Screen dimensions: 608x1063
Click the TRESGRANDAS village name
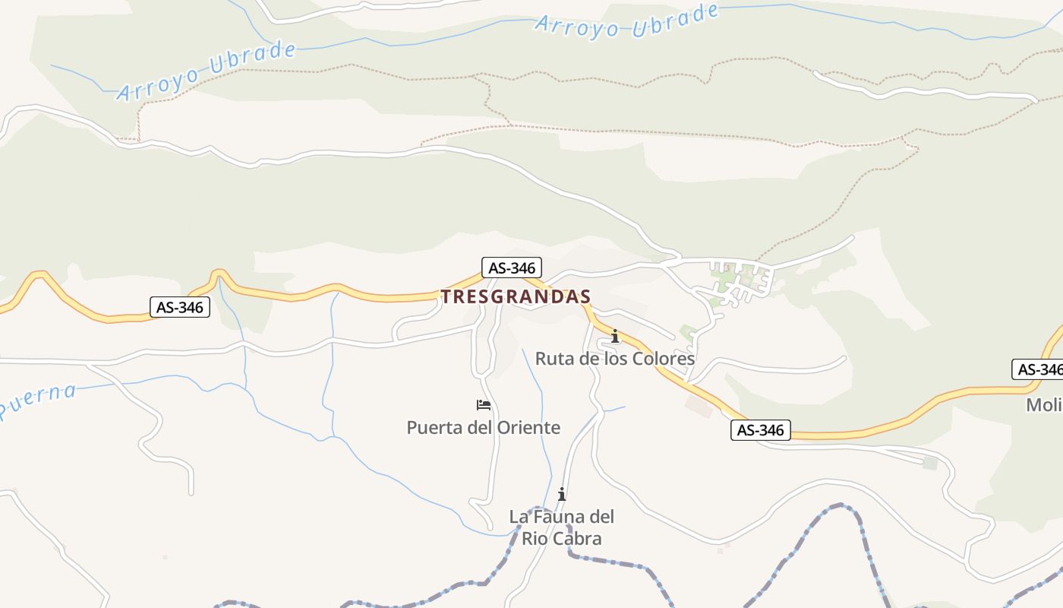point(516,297)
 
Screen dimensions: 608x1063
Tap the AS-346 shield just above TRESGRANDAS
point(512,268)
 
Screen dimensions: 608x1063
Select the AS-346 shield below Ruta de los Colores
point(761,430)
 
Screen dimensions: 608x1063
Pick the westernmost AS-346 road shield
point(180,307)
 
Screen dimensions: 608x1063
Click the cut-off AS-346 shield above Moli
point(1038,369)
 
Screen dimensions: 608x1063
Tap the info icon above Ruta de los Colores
point(614,336)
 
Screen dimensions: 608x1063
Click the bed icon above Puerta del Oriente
point(484,405)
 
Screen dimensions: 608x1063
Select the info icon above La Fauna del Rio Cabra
point(562,494)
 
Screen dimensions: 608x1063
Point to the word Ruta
point(554,359)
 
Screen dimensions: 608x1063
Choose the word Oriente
point(528,428)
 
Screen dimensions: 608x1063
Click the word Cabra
point(578,539)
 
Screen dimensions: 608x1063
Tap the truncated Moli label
point(1044,405)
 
